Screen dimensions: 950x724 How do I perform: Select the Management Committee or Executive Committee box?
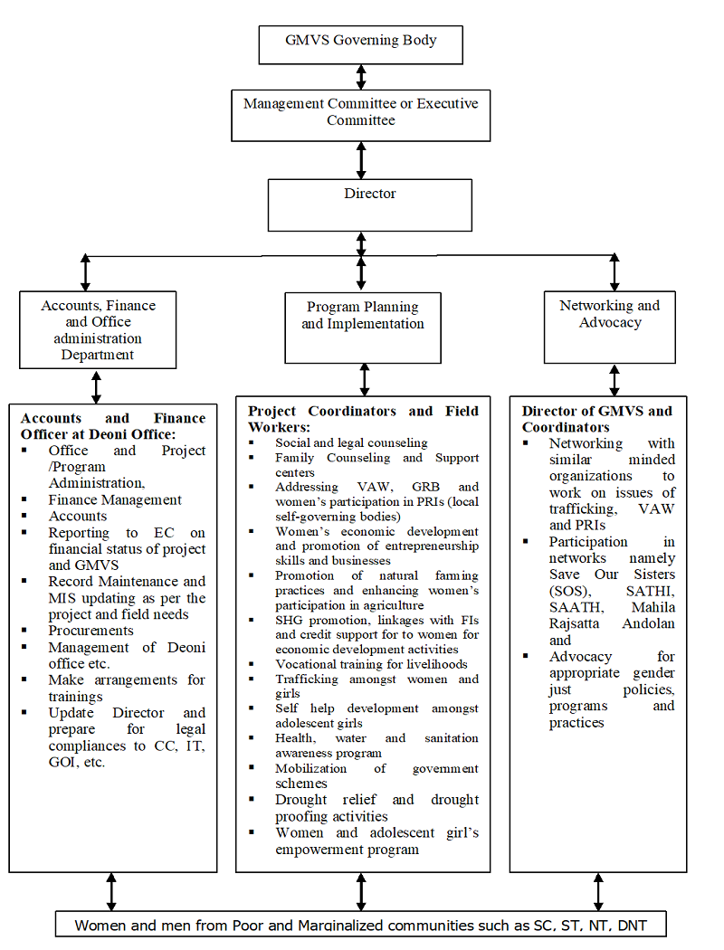360,114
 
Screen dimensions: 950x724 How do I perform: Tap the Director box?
369,204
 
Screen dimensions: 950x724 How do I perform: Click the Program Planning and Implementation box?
363,327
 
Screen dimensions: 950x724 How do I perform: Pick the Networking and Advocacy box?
609,326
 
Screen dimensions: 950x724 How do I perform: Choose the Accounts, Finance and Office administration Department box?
98,329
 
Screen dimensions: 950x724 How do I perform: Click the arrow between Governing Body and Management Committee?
361,76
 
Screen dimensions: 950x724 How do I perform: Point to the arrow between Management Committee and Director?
361,160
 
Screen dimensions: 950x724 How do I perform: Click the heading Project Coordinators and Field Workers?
364,418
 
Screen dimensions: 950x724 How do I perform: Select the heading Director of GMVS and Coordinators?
596,419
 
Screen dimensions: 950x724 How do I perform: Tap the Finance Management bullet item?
115,499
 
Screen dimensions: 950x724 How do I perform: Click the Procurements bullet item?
90,630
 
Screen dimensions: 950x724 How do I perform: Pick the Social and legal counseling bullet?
351,442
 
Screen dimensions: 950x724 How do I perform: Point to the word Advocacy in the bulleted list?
580,656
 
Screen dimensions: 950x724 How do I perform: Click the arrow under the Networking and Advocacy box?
614,380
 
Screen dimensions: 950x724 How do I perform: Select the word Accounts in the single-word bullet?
78,516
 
